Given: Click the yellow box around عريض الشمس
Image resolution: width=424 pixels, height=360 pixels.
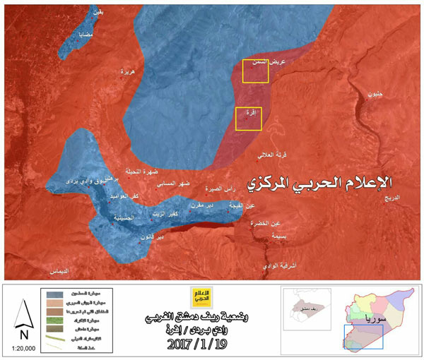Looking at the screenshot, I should tap(255, 71).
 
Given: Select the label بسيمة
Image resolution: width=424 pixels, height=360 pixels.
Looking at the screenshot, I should tap(281, 237).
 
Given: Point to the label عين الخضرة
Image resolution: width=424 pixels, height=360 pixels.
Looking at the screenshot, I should tap(276, 223).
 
